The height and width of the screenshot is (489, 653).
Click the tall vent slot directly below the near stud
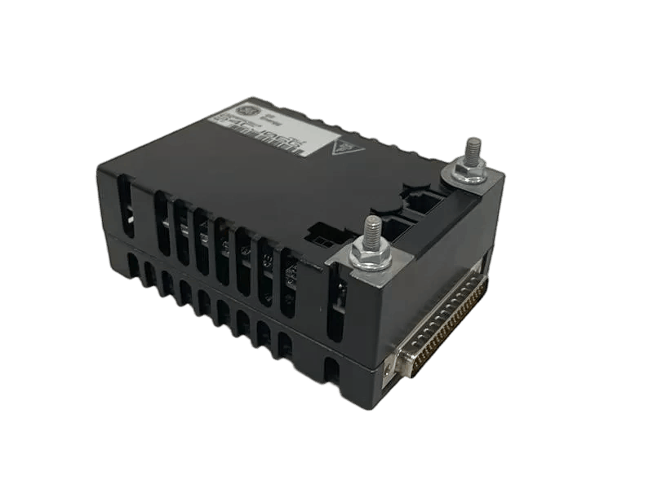tap(335, 306)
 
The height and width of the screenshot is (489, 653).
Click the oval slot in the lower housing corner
tap(331, 371)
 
